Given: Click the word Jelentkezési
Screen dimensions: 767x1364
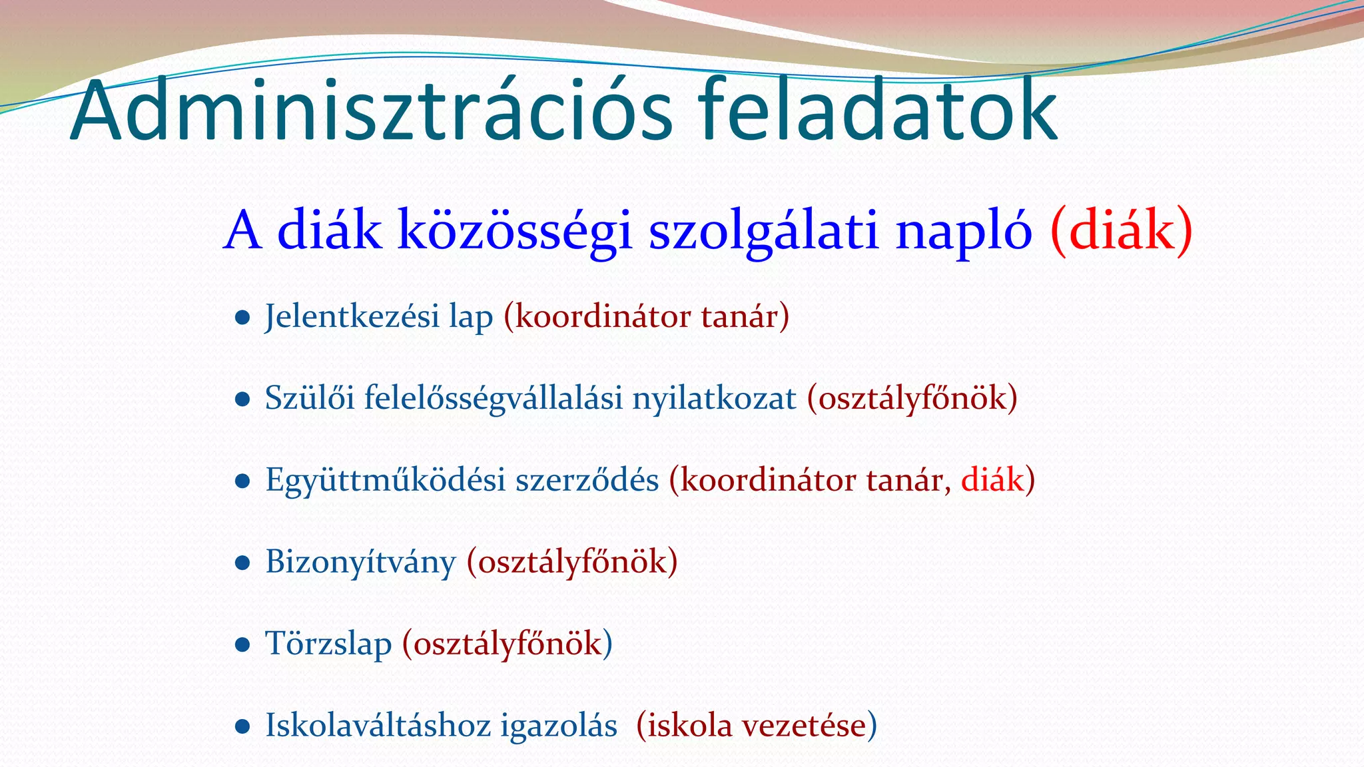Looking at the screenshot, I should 352,316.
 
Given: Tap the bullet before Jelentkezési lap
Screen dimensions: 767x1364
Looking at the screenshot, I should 242,318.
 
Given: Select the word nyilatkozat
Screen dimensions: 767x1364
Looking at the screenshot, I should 714,399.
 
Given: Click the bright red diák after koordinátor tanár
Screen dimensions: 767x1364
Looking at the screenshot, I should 992,479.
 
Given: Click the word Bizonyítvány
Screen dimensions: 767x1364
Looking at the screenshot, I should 360,563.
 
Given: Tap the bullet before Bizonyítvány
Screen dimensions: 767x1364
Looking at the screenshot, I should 242,564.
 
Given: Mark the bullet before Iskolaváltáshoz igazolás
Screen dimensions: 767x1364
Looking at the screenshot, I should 242,727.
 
